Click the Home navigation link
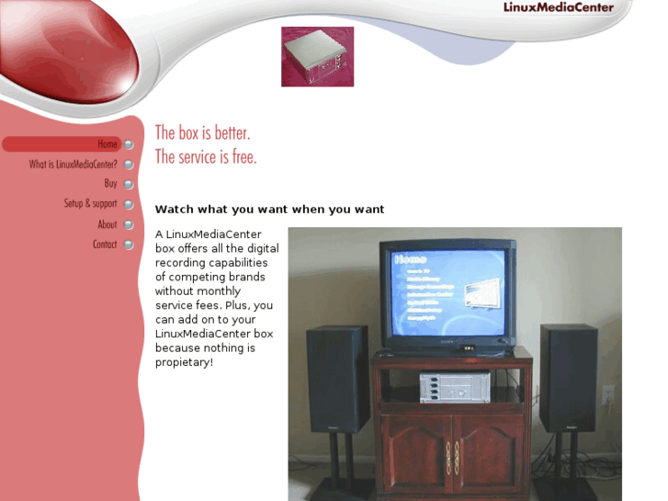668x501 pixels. (108, 144)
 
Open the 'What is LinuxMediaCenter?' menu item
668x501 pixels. (73, 165)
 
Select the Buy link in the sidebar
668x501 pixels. (110, 184)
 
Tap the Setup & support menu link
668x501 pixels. (90, 204)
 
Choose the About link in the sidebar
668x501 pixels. (108, 224)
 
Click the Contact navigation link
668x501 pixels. (105, 245)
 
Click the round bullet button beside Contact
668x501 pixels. (129, 245)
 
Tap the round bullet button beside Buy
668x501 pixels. (129, 185)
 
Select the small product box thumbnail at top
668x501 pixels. (317, 57)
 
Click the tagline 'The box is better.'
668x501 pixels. (202, 133)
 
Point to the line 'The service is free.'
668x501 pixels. (206, 157)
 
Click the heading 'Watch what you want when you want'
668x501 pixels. (269, 210)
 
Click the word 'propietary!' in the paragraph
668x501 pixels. (184, 362)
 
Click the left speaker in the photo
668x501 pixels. (337, 378)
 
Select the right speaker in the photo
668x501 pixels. (568, 377)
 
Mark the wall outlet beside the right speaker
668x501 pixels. (607, 395)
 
